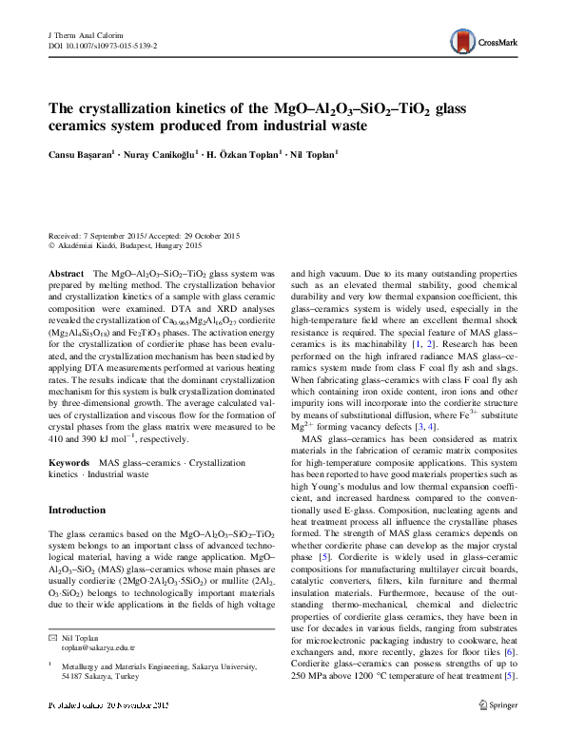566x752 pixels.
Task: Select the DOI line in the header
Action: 103,45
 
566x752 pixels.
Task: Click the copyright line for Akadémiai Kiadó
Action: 125,244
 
